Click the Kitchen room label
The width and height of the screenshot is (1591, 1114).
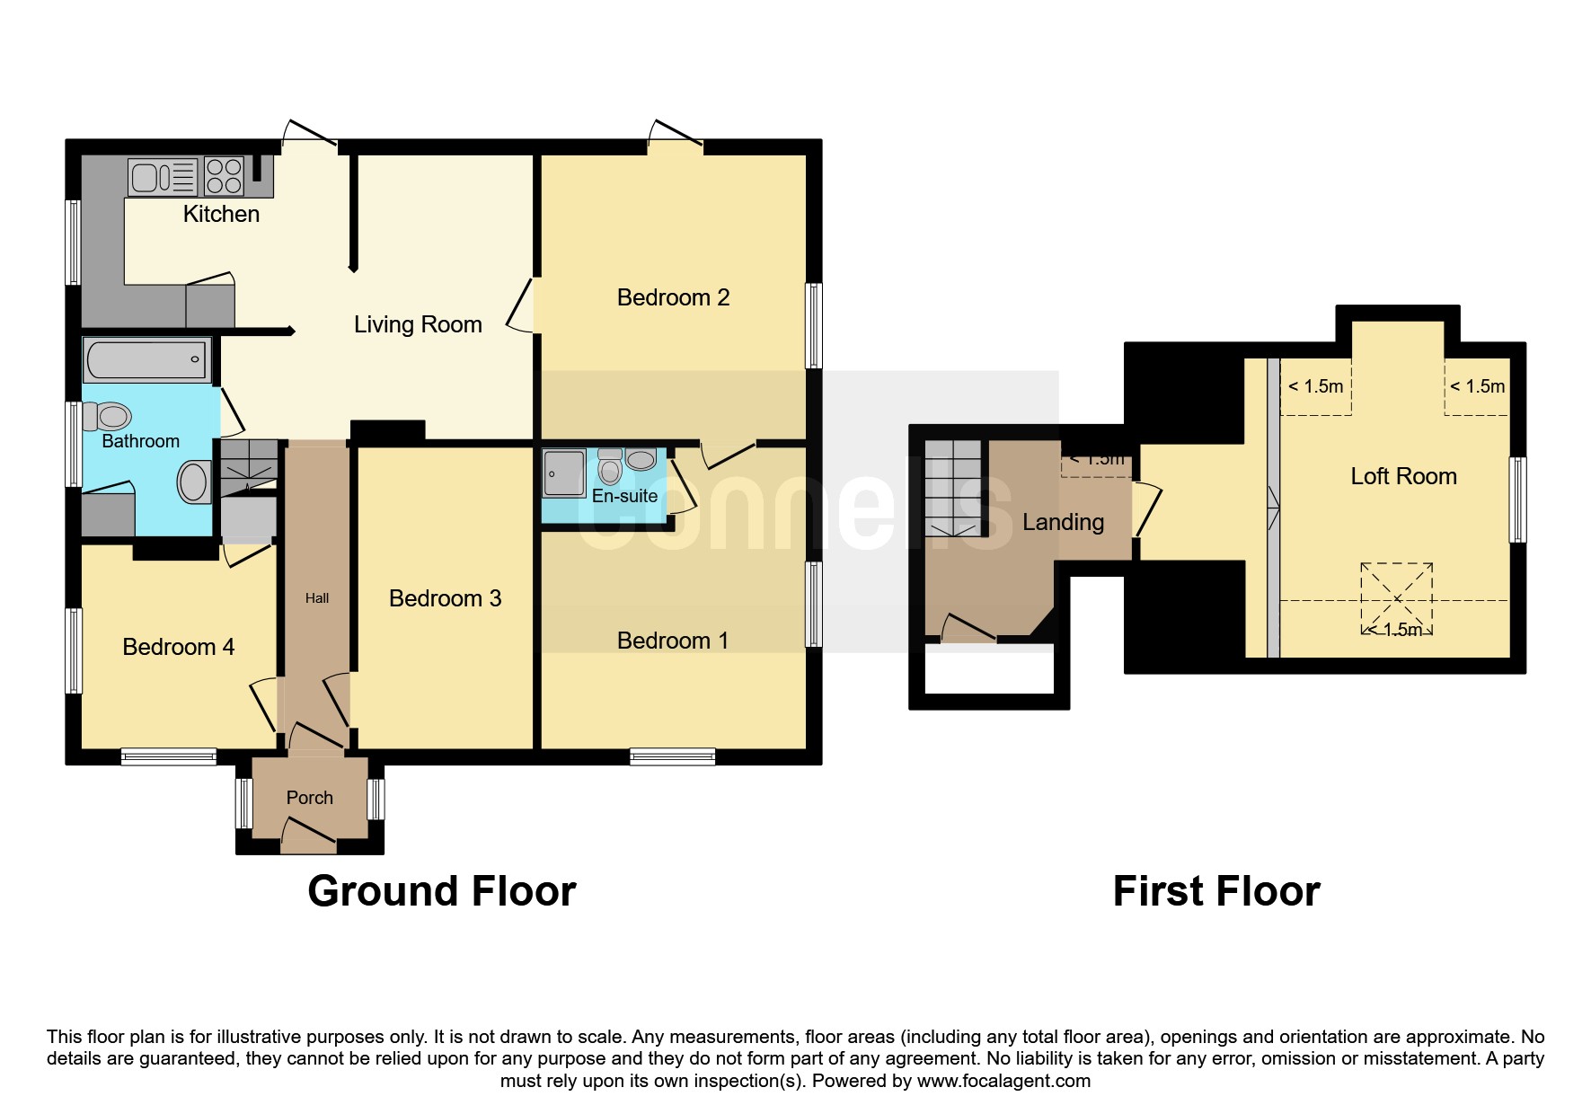[221, 214]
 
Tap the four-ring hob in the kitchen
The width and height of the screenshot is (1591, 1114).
[224, 176]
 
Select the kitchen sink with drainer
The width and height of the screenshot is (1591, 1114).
[163, 176]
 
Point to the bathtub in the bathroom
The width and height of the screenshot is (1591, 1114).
[147, 360]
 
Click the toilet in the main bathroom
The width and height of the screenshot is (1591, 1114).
[107, 416]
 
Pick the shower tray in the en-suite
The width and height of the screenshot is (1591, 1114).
[564, 473]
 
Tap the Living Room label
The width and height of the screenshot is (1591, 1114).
[418, 324]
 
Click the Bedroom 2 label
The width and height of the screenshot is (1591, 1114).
[673, 297]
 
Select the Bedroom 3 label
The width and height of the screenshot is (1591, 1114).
[445, 598]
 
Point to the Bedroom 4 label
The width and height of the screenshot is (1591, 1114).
[178, 647]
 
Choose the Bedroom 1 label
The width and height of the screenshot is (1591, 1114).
[673, 641]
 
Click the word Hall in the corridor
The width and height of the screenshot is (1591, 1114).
[317, 598]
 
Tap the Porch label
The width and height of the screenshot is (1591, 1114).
[310, 798]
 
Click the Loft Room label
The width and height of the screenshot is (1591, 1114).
[1403, 476]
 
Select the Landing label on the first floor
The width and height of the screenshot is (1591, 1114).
[1064, 522]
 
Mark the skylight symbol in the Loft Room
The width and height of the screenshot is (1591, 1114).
[1396, 598]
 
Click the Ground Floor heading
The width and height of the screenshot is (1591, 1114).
[442, 891]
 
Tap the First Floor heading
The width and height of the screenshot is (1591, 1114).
[1216, 891]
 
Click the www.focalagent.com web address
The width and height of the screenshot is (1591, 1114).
[1004, 1081]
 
